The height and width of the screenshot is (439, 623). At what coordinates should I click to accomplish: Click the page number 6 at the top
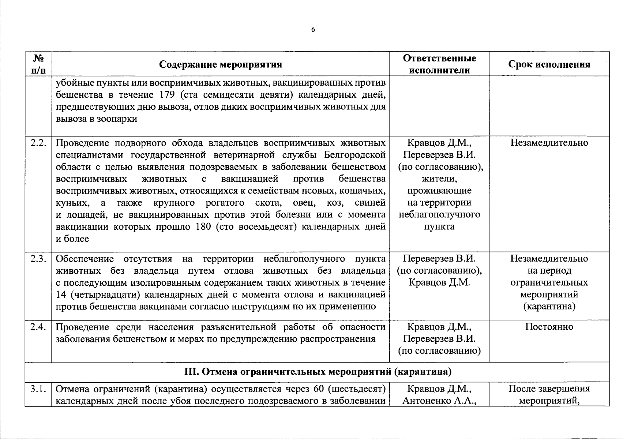click(x=313, y=30)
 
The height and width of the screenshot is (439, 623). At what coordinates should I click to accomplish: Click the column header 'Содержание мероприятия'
click(x=221, y=64)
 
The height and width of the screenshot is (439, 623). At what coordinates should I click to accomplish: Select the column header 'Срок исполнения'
click(x=549, y=64)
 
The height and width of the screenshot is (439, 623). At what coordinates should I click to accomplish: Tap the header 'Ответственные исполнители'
click(x=439, y=64)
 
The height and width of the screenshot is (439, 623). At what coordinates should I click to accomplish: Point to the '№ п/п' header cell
click(x=38, y=64)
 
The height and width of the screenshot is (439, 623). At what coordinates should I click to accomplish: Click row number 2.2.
click(x=38, y=143)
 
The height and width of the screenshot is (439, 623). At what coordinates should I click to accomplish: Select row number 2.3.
click(x=38, y=259)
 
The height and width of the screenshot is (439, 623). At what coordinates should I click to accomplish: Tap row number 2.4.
click(x=38, y=327)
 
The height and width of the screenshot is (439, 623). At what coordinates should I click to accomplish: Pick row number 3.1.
click(x=38, y=389)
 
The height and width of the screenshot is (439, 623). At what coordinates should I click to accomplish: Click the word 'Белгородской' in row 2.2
click(x=355, y=155)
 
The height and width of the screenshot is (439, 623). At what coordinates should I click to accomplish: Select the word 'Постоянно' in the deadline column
click(x=549, y=327)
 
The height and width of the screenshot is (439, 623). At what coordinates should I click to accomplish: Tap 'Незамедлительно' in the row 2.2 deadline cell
click(x=549, y=143)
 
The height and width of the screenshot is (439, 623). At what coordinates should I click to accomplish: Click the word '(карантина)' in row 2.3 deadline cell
click(x=549, y=306)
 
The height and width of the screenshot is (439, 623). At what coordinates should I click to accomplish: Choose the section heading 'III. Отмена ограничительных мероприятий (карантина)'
click(x=317, y=372)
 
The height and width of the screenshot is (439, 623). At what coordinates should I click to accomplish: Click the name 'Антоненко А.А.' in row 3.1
click(x=439, y=401)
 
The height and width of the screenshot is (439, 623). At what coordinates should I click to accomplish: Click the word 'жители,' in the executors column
click(x=439, y=179)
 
